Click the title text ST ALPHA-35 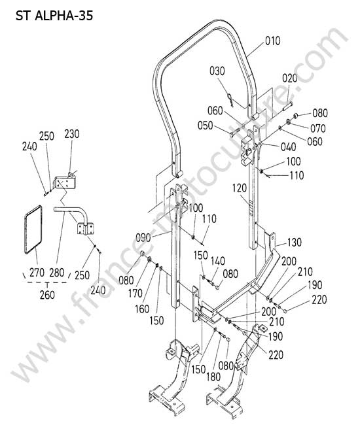pos(54,16)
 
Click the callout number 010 pos(273,41)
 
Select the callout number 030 pos(217,71)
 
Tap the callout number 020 pos(290,78)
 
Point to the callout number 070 pos(317,128)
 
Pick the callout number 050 pos(206,126)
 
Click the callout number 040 pos(289,147)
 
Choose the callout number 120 pos(240,188)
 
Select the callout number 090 pos(143,238)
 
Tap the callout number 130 pos(294,243)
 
